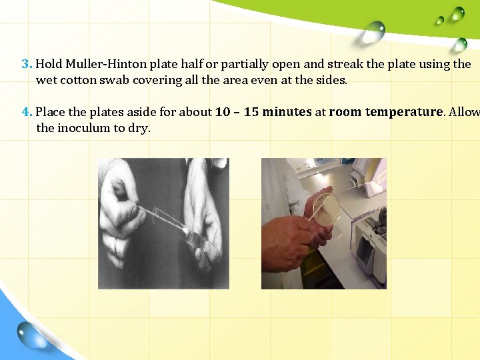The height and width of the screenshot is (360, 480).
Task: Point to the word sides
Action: (x=332, y=81)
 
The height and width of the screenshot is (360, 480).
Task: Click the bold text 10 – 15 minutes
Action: (x=263, y=112)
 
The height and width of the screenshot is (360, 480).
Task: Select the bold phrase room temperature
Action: (x=385, y=112)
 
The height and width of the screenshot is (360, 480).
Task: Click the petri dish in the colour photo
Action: (x=326, y=208)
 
